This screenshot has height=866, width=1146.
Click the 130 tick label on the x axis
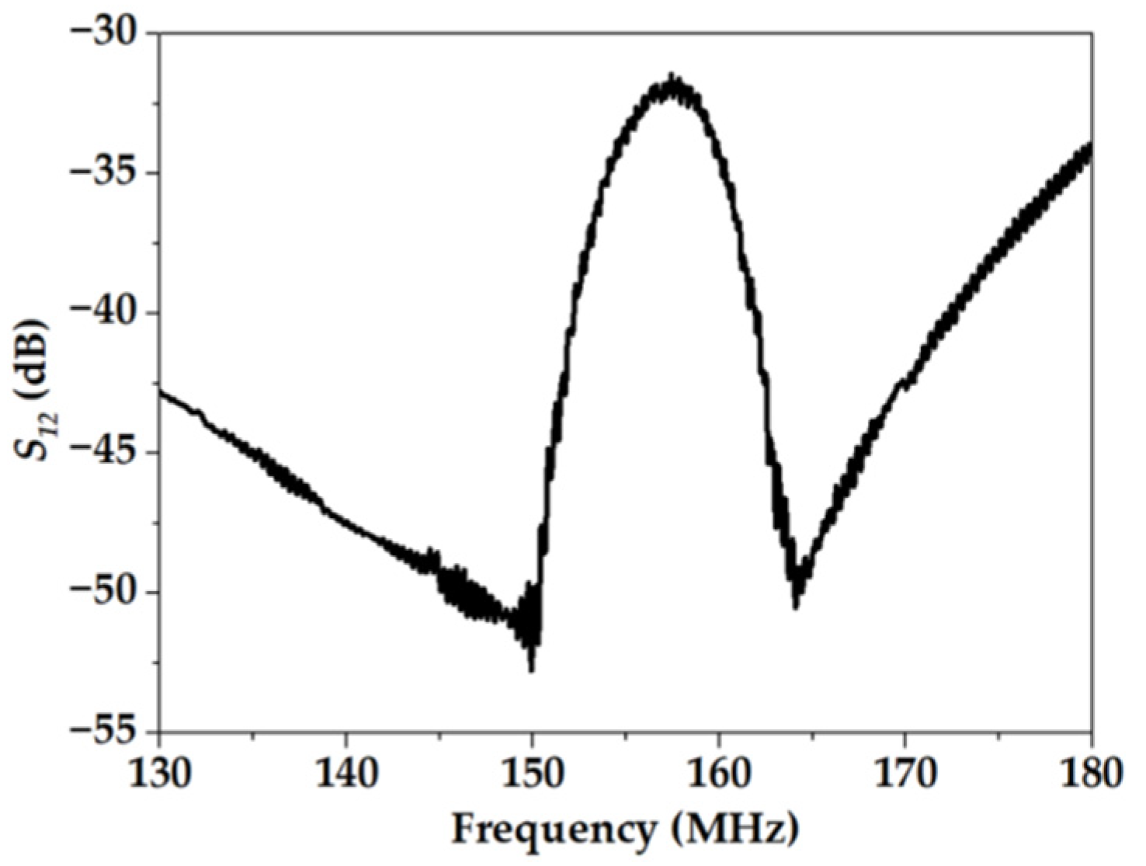(159, 774)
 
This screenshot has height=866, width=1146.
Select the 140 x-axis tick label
(346, 774)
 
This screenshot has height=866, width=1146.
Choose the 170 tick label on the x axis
(905, 774)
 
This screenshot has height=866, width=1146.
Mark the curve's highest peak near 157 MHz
(672, 76)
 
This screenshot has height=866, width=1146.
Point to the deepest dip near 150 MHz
(531, 670)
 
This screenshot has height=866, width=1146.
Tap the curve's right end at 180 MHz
(1091, 148)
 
